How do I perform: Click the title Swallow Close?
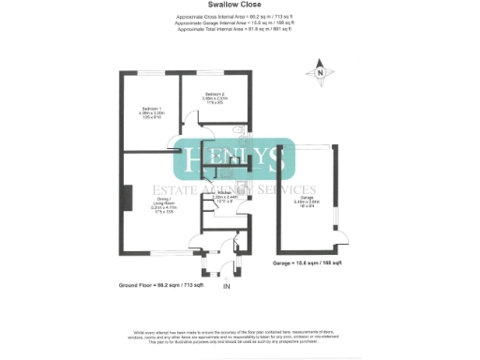pyautogui.click(x=239, y=5)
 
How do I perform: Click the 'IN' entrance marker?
pyautogui.click(x=225, y=286)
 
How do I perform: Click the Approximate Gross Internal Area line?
pyautogui.click(x=239, y=18)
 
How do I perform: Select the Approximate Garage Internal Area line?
pyautogui.click(x=239, y=23)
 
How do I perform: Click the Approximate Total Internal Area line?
pyautogui.click(x=239, y=29)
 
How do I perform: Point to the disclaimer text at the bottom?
pyautogui.click(x=239, y=333)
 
